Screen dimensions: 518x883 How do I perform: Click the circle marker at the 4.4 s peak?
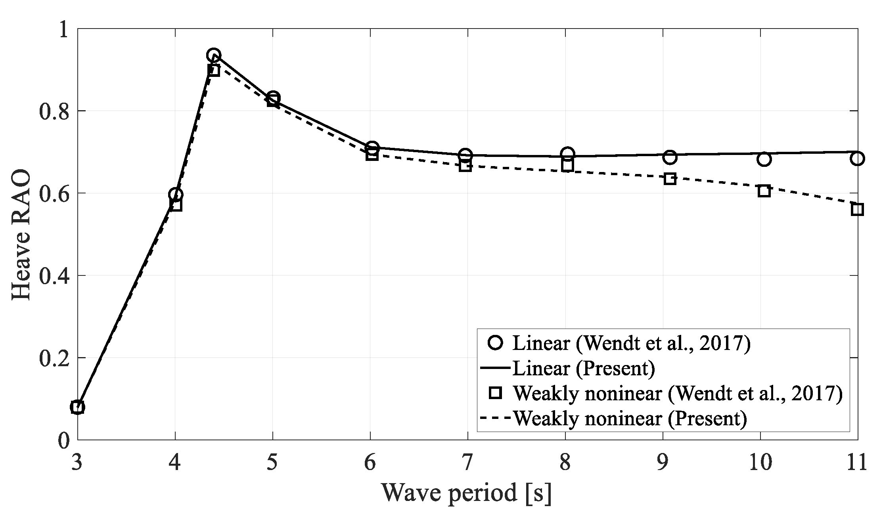[213, 55]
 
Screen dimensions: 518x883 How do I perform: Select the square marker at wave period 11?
[857, 209]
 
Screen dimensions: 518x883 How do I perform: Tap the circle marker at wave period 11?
[857, 159]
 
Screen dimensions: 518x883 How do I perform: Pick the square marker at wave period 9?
[670, 179]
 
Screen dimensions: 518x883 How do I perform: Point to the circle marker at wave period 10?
[764, 159]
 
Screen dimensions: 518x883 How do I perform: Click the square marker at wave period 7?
[465, 166]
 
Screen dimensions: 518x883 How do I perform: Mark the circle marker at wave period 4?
[175, 194]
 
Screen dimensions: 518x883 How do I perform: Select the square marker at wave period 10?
[764, 191]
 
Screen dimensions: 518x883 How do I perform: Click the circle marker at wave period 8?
[567, 153]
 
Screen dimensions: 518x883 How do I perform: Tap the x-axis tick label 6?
[370, 463]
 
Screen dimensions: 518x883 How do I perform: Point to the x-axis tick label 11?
[856, 463]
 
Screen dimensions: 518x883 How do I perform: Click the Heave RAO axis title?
[21, 235]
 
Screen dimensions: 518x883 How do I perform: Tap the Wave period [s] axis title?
[466, 493]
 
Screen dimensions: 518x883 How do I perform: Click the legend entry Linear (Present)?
[584, 368]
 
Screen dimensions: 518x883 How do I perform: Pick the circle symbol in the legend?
[496, 343]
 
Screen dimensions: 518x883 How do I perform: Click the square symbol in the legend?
[496, 393]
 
